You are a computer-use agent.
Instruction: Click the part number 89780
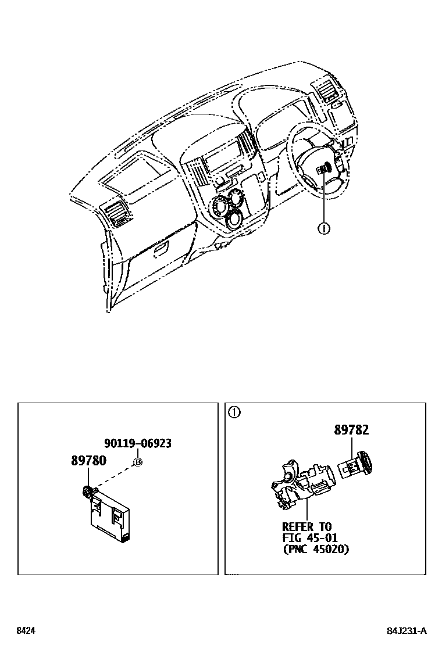click(88, 461)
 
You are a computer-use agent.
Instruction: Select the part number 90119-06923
click(138, 443)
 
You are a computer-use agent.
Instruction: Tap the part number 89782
click(351, 430)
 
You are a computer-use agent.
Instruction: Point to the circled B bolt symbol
click(138, 462)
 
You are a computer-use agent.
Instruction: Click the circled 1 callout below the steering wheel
click(324, 228)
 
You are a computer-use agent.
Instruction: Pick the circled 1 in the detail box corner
click(234, 413)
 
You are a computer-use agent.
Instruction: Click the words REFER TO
click(307, 527)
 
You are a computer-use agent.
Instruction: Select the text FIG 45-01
click(310, 538)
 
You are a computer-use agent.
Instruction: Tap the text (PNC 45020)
click(316, 548)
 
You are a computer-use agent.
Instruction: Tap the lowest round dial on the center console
click(234, 220)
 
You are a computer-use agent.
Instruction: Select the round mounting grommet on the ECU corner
click(88, 492)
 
